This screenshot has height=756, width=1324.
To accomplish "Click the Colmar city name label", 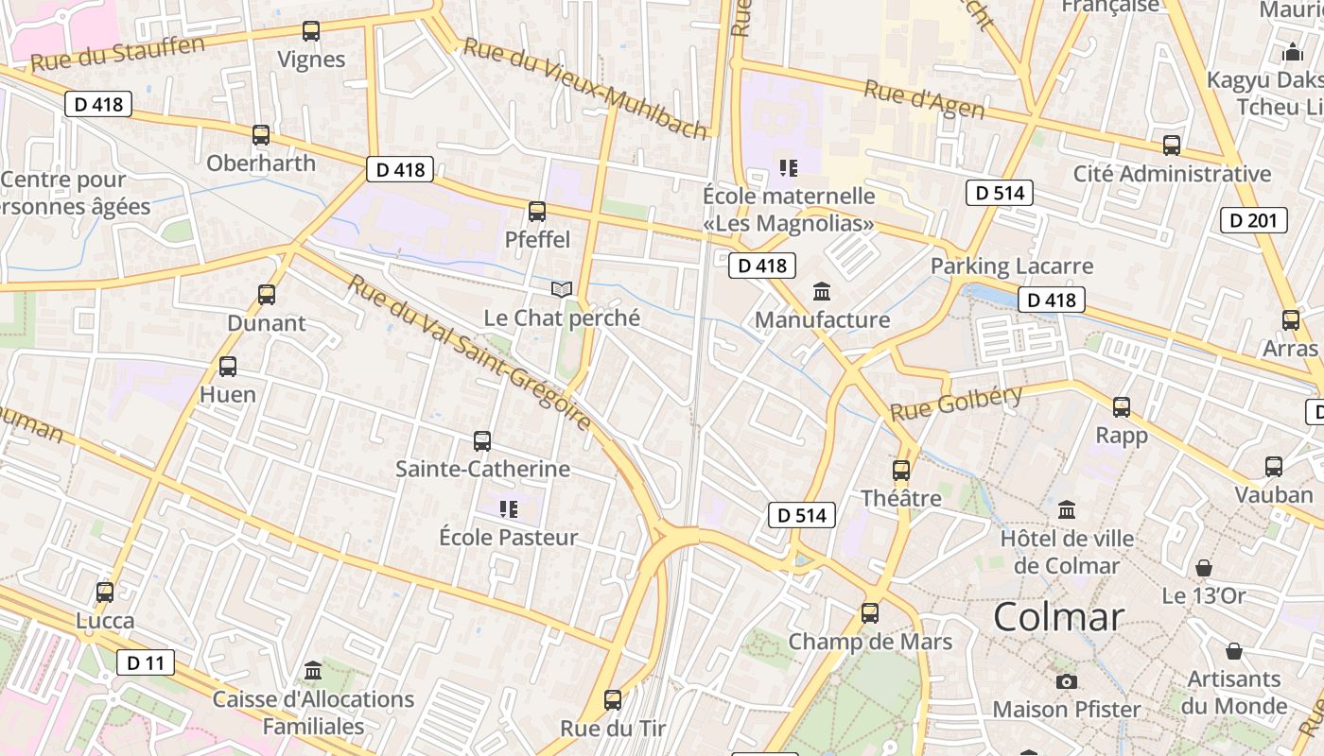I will (x=1058, y=617).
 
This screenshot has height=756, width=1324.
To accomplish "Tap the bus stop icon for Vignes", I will (x=311, y=30).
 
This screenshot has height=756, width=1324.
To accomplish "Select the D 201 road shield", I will (x=1254, y=221).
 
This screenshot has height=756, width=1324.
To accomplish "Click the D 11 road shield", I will (x=146, y=662).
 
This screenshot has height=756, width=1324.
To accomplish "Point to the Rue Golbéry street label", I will (x=956, y=403).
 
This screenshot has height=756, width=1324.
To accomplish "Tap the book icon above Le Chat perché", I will (x=562, y=289).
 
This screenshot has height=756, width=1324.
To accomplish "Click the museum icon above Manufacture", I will (x=822, y=291).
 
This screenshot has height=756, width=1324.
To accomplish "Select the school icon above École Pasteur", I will (x=509, y=509).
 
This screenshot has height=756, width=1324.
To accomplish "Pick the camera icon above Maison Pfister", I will (x=1067, y=681).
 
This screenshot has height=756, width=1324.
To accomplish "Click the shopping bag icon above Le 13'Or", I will (x=1204, y=568).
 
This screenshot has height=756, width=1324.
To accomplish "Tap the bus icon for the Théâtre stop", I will (x=901, y=470).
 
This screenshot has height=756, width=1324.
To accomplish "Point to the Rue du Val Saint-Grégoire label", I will (x=469, y=352).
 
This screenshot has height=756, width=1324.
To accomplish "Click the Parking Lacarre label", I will (x=1012, y=266).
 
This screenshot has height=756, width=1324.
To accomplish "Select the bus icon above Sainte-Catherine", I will (x=482, y=440).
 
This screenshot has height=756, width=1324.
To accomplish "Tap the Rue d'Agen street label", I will (x=924, y=100).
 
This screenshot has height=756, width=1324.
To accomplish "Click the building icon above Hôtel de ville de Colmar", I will (x=1067, y=510).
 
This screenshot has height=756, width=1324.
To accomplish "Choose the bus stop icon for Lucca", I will (x=105, y=593).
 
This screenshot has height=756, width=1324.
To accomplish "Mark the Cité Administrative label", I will (x=1172, y=174).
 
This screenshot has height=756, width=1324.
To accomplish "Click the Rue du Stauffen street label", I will (x=117, y=54).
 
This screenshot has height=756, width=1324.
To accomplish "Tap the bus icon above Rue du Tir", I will (x=613, y=700).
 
